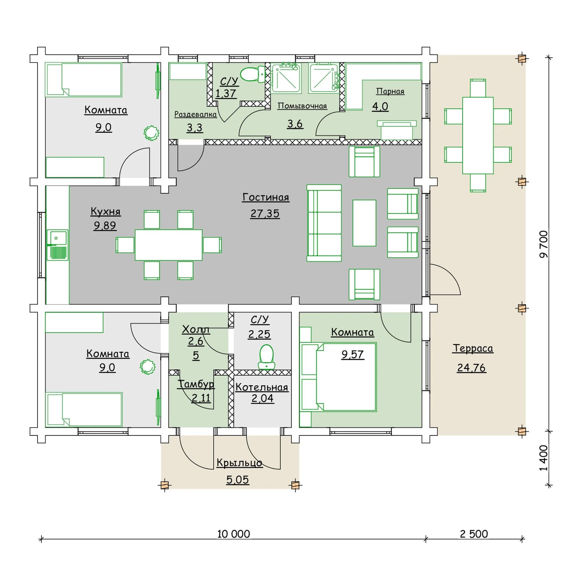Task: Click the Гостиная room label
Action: tap(266, 197)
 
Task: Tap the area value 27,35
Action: tap(265, 214)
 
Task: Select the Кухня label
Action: tap(105, 211)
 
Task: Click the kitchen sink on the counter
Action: tap(57, 244)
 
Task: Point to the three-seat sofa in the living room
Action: tap(324, 223)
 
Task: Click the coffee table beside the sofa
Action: tap(364, 223)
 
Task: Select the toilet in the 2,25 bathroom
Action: tap(266, 356)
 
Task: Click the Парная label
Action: tap(390, 91)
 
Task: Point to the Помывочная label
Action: tap(302, 106)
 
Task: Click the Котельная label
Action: tap(262, 387)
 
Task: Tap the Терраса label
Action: tap(473, 348)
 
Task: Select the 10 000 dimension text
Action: tap(233, 534)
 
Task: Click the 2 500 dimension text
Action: tap(474, 534)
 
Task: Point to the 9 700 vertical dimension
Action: tap(543, 244)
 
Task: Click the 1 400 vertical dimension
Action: tap(543, 462)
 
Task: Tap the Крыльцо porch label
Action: tap(239, 463)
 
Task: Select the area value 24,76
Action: tap(471, 368)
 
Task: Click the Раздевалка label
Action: tap(195, 114)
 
